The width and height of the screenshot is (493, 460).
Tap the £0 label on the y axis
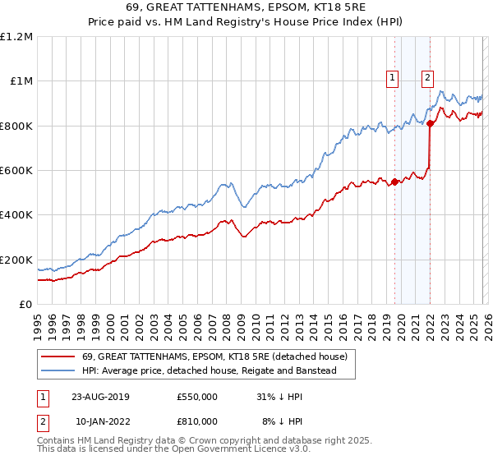(x=25, y=305)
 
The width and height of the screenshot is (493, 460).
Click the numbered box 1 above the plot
(x=394, y=78)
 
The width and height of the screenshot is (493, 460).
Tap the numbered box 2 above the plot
(x=428, y=78)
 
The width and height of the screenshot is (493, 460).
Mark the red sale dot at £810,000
(x=430, y=124)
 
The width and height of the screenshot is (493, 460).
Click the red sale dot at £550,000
(x=394, y=182)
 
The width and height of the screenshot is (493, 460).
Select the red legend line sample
(x=59, y=357)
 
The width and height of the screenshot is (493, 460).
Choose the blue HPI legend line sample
(x=59, y=371)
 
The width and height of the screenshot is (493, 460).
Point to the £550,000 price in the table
(x=197, y=397)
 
